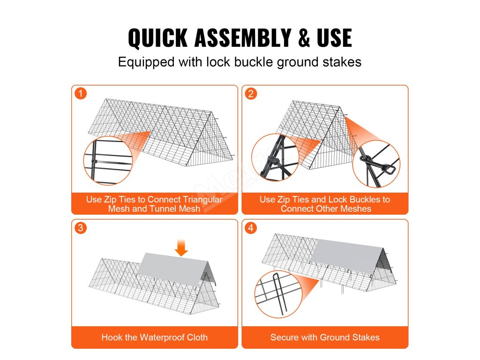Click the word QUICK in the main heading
[x=157, y=37]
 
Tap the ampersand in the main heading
[x=304, y=37]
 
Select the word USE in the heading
[x=334, y=37]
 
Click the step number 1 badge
[x=81, y=93]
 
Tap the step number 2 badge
[x=251, y=93]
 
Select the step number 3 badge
[x=81, y=228]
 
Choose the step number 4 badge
[x=251, y=228]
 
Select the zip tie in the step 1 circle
[x=94, y=161]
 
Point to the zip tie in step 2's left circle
[x=273, y=160]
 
